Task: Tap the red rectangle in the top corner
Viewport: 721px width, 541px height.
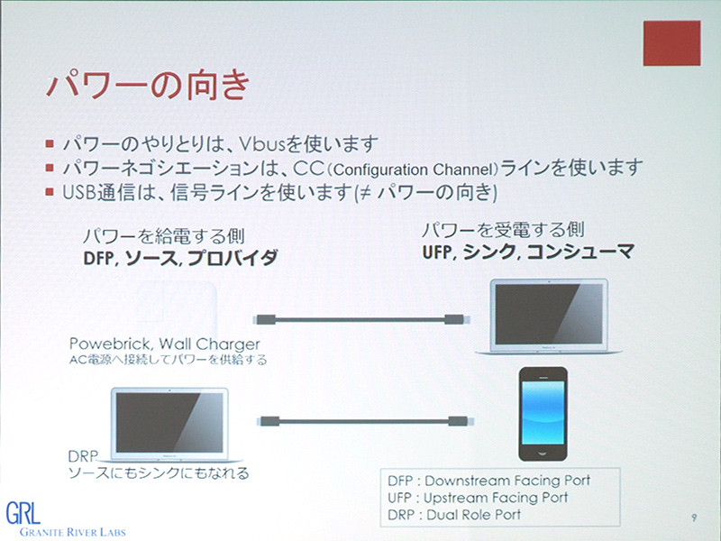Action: (671, 42)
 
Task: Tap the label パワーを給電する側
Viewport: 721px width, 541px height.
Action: (150, 236)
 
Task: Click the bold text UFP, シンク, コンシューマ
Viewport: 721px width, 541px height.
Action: (527, 252)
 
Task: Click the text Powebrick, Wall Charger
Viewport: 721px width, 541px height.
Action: (165, 344)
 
